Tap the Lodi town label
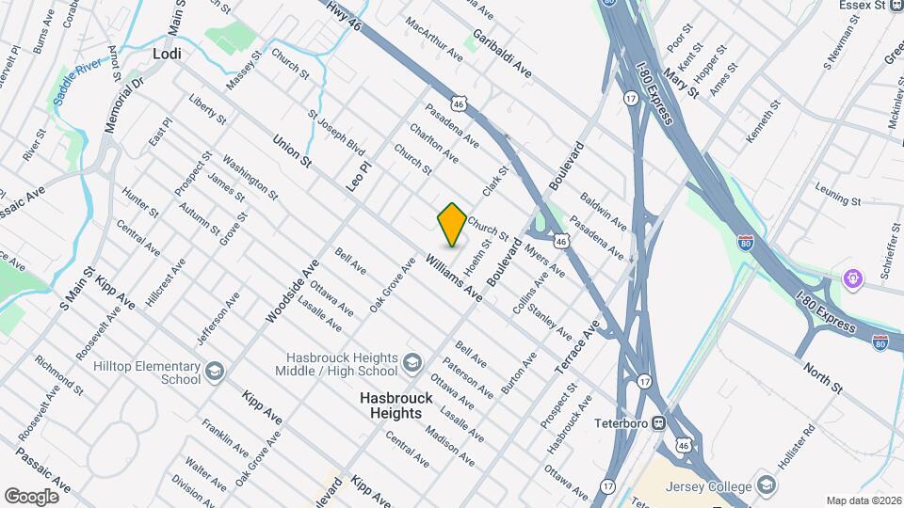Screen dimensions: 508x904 166,56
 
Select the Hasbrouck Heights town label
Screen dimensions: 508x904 396,405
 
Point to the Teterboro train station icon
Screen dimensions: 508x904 660,422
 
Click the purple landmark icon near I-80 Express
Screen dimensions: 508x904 853,278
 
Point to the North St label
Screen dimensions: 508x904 822,373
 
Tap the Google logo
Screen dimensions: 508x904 31,496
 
